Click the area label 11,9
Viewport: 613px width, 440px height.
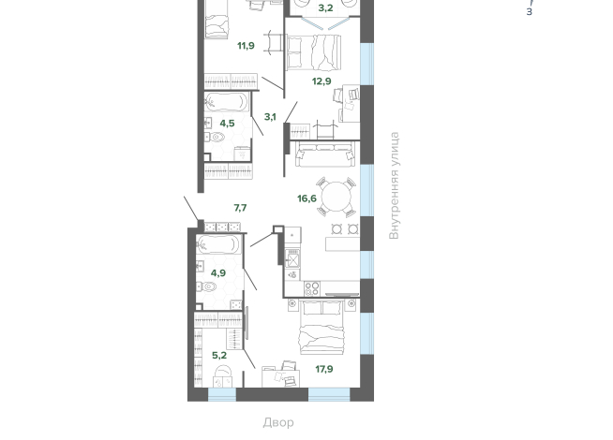click(x=246, y=46)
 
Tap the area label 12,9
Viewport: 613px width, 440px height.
click(x=321, y=81)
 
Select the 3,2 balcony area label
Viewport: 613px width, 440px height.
click(x=325, y=7)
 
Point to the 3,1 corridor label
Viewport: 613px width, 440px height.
click(x=270, y=117)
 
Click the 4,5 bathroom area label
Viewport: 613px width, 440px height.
click(x=227, y=124)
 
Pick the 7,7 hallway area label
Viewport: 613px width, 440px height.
click(x=241, y=208)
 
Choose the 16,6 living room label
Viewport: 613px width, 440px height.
click(x=306, y=198)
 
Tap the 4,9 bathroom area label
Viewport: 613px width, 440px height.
click(x=218, y=273)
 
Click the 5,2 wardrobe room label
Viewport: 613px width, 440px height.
click(x=219, y=356)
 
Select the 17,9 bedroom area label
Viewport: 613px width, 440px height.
click(x=324, y=369)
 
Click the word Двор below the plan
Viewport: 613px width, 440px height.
click(x=278, y=422)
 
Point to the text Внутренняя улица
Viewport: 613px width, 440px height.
click(x=395, y=185)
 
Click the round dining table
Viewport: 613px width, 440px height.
click(x=336, y=197)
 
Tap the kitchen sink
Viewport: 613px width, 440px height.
click(x=292, y=258)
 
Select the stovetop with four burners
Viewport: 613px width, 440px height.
click(x=312, y=289)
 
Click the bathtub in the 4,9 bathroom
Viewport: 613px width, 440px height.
click(x=217, y=244)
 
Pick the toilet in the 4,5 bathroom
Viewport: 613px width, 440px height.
click(x=215, y=137)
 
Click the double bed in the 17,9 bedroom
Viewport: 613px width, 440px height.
click(x=321, y=327)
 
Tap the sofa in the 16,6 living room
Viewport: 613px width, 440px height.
click(x=325, y=154)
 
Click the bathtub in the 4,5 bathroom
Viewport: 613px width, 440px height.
click(x=226, y=102)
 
